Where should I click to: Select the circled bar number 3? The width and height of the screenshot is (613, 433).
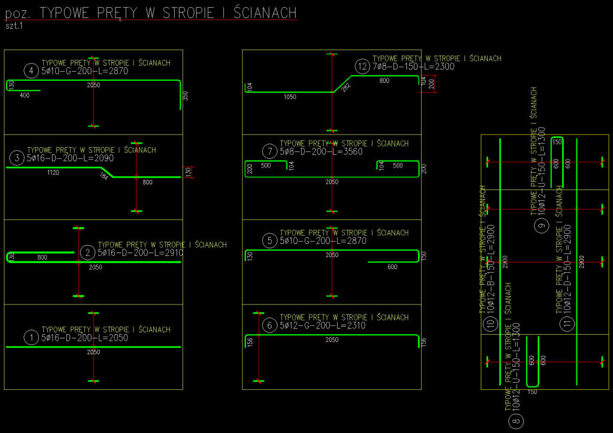tap(17, 158)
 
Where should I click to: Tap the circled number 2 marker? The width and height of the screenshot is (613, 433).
tap(87, 253)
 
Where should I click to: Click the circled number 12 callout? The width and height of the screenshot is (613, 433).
tap(362, 66)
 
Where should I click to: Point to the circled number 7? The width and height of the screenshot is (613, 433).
tap(270, 152)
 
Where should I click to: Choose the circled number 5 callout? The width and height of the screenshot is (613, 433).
tap(270, 241)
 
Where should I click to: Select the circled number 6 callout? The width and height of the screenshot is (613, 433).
tap(270, 325)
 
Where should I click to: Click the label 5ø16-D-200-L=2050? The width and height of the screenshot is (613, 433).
tap(85, 338)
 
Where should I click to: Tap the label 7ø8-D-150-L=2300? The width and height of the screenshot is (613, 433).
tap(413, 67)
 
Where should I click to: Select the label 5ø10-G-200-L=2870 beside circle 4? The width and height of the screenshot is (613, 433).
tap(85, 71)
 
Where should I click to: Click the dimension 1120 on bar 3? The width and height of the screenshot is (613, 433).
tap(53, 173)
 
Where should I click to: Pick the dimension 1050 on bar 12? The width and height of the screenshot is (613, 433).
tap(290, 97)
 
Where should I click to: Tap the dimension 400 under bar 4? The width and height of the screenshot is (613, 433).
tap(25, 96)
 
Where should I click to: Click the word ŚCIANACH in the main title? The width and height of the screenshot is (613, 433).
tap(260, 13)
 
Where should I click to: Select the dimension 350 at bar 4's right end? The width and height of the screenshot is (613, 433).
tap(186, 96)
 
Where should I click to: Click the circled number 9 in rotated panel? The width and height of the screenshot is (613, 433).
tap(541, 225)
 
